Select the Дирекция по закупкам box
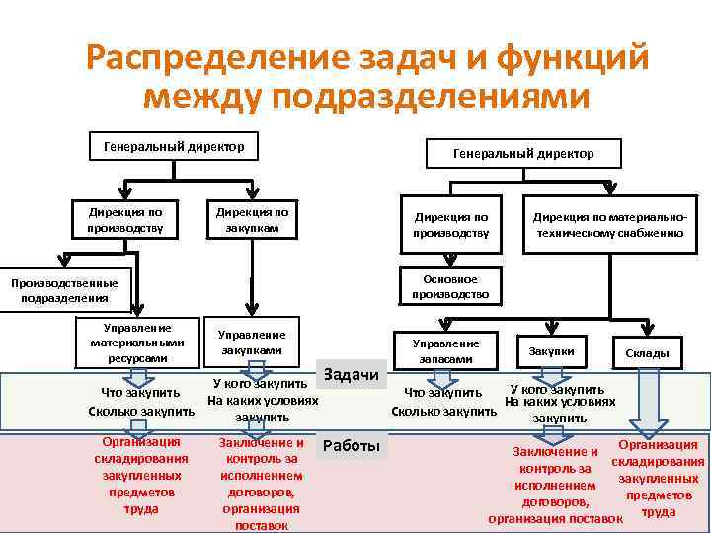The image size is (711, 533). pyautogui.click(x=253, y=218)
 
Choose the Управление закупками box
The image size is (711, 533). pyautogui.click(x=253, y=343)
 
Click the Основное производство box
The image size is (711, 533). pyautogui.click(x=449, y=286)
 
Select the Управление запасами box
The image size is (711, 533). pyautogui.click(x=446, y=350)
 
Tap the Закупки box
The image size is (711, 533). pyautogui.click(x=551, y=351)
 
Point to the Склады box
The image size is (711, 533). pyautogui.click(x=647, y=352)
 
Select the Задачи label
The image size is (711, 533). pyautogui.click(x=351, y=374)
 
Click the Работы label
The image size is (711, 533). pyautogui.click(x=351, y=446)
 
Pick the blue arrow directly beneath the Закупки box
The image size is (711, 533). pyautogui.click(x=552, y=374)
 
